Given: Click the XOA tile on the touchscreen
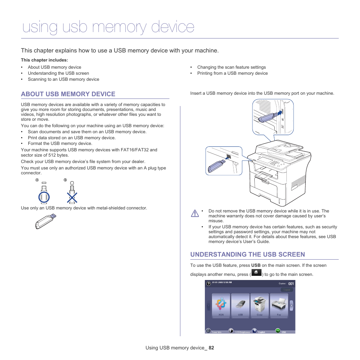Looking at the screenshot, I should coord(221,305).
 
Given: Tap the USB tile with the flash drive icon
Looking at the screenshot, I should coord(240,305).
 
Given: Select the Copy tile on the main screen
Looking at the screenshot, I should coord(260,305).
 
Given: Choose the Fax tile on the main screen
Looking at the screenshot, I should coord(279,305).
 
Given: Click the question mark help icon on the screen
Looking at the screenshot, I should coord(208,283).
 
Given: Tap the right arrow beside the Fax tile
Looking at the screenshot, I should coord(292,305).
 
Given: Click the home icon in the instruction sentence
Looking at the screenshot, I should coord(256,272).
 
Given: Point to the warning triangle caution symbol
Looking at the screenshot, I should coord(195,213).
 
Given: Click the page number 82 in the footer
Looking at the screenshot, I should coord(211,348).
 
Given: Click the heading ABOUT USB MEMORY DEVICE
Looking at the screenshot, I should coord(68,94).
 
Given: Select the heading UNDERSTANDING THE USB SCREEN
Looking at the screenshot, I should coord(248,254).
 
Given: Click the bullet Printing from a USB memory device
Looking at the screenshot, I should coord(232,73).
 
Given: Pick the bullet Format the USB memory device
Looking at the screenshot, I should coord(60,143).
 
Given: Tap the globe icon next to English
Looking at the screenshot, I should coord(254,331).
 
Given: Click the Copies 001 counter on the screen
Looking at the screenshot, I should coord(286,283).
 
